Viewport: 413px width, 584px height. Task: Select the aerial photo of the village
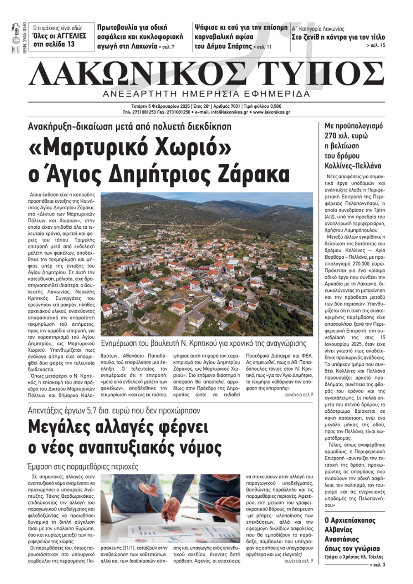pos(206,264)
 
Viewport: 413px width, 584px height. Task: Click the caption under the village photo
pos(204,343)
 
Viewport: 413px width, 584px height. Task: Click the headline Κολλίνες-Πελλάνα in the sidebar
pos(353,166)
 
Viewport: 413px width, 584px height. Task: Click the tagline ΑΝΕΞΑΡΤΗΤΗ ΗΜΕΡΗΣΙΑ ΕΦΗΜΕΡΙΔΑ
pos(206,94)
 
